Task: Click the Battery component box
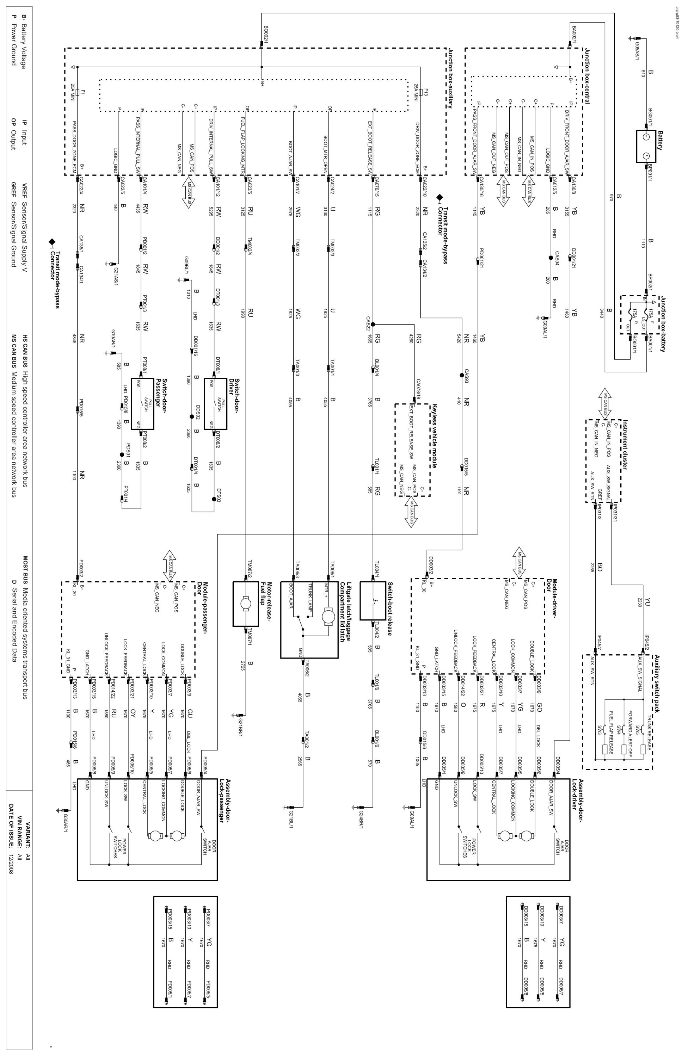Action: click(646, 146)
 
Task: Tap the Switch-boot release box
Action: click(373, 601)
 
